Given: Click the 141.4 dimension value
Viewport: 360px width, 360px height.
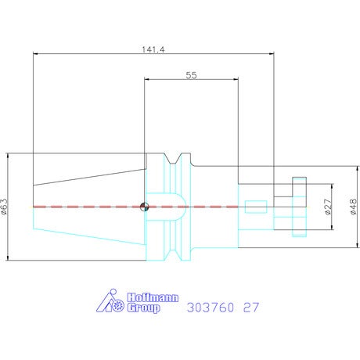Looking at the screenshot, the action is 153,49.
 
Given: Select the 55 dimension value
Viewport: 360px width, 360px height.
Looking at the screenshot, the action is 191,75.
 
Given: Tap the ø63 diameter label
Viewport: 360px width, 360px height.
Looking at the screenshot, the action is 5,207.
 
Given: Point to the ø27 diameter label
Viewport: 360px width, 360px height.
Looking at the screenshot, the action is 329,207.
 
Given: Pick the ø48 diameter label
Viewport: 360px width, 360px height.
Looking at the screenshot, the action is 353,207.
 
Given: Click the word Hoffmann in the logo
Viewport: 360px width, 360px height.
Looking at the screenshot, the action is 153,297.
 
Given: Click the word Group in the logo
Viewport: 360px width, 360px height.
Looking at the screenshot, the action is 143,308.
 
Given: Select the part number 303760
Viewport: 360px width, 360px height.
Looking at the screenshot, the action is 211,308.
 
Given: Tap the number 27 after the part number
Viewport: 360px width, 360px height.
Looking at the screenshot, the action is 251,308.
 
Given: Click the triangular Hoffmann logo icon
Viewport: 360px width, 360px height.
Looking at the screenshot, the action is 110,301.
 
